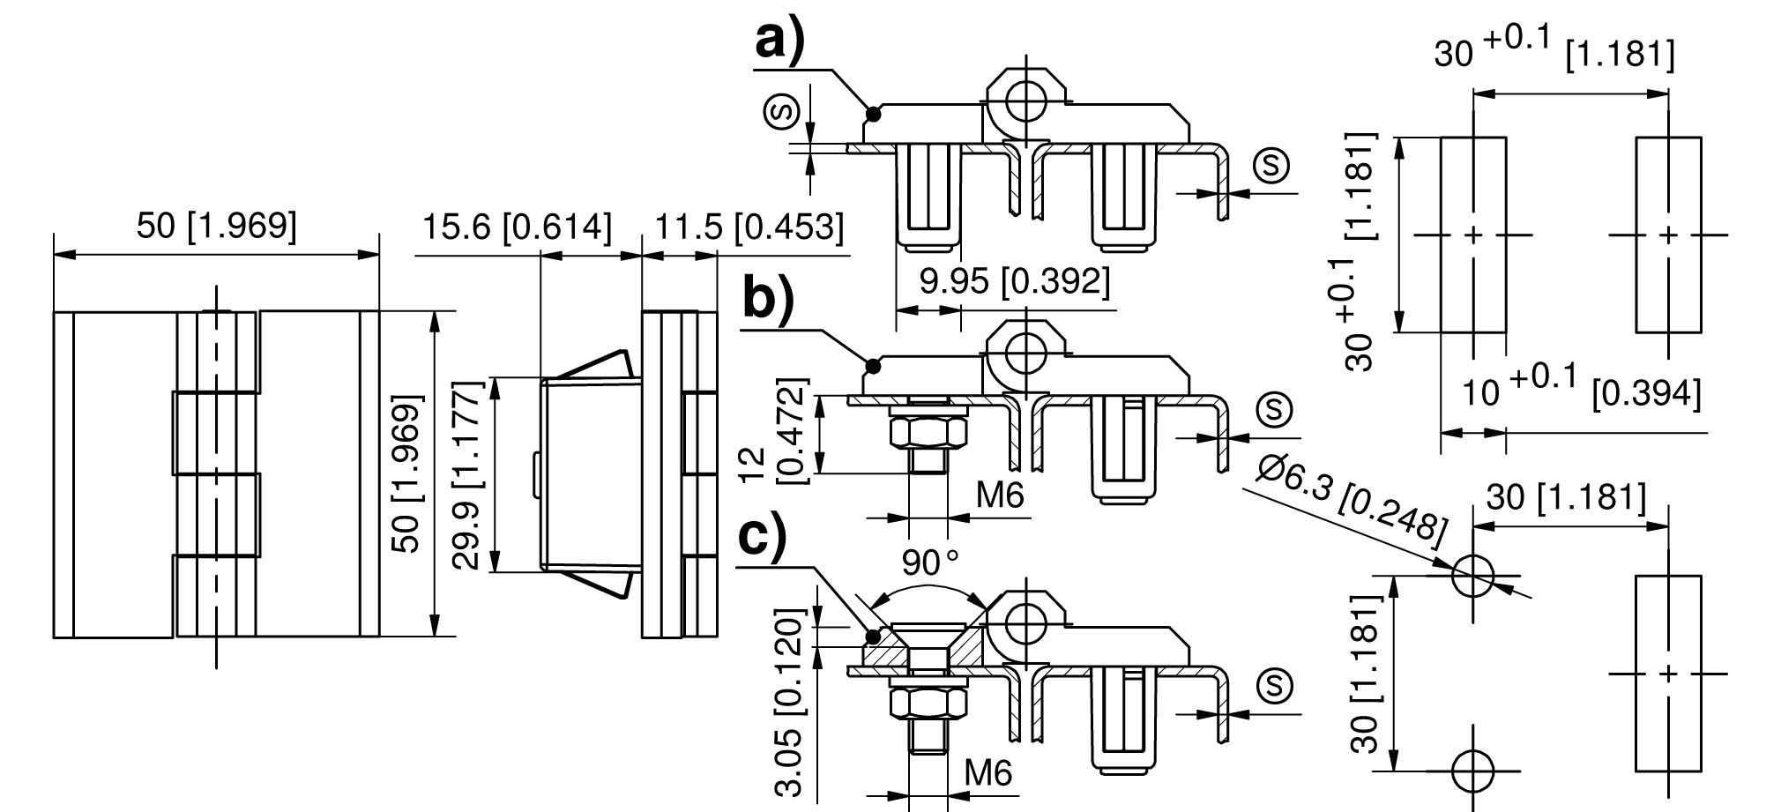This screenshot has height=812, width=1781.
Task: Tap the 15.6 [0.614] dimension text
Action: pos(517,227)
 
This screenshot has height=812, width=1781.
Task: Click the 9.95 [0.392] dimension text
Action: pos(1015,282)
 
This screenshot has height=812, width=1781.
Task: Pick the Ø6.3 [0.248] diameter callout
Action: pos(1353,499)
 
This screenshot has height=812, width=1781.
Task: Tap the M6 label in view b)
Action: pos(1000,496)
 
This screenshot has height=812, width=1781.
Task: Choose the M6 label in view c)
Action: pos(987,775)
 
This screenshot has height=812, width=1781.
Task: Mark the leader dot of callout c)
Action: pos(873,636)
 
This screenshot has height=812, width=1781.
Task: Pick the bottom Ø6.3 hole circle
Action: pos(1472,771)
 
